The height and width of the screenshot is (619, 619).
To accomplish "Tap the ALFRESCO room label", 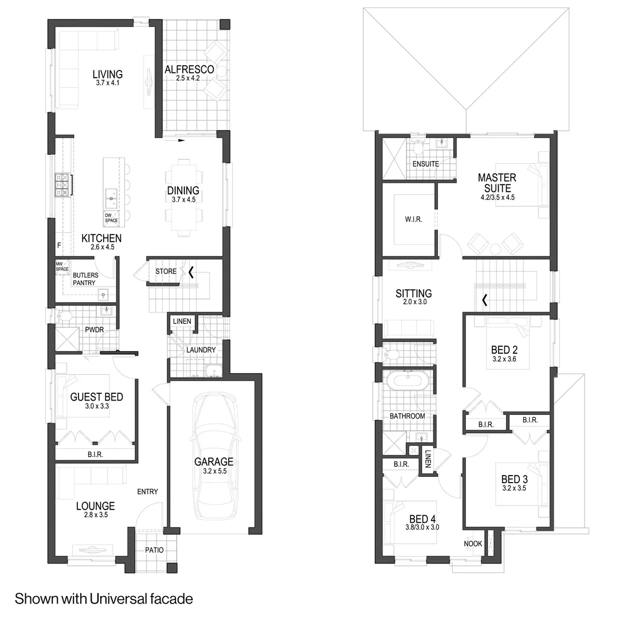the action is [189, 69].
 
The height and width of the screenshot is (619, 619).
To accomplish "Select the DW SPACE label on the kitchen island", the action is [111, 218].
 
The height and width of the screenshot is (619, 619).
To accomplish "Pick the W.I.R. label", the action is [413, 219].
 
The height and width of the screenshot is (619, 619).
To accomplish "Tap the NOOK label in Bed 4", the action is [472, 543].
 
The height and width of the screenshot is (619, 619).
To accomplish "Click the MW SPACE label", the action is [61, 267].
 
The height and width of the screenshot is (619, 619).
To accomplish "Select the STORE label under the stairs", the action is [166, 271].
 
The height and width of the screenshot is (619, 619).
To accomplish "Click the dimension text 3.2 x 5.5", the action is [215, 471].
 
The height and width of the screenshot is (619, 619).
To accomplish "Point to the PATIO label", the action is [154, 550].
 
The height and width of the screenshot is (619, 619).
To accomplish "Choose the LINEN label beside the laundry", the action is [182, 322].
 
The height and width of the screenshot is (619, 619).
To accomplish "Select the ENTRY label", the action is [147, 492].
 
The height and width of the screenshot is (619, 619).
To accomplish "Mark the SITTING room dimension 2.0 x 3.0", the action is [415, 301].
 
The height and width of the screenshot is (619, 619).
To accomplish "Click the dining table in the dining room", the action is [183, 197].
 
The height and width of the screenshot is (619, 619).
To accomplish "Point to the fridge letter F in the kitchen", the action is [59, 245].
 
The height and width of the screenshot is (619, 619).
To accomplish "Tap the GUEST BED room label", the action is [97, 397].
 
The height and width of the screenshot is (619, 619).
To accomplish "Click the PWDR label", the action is [95, 330].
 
